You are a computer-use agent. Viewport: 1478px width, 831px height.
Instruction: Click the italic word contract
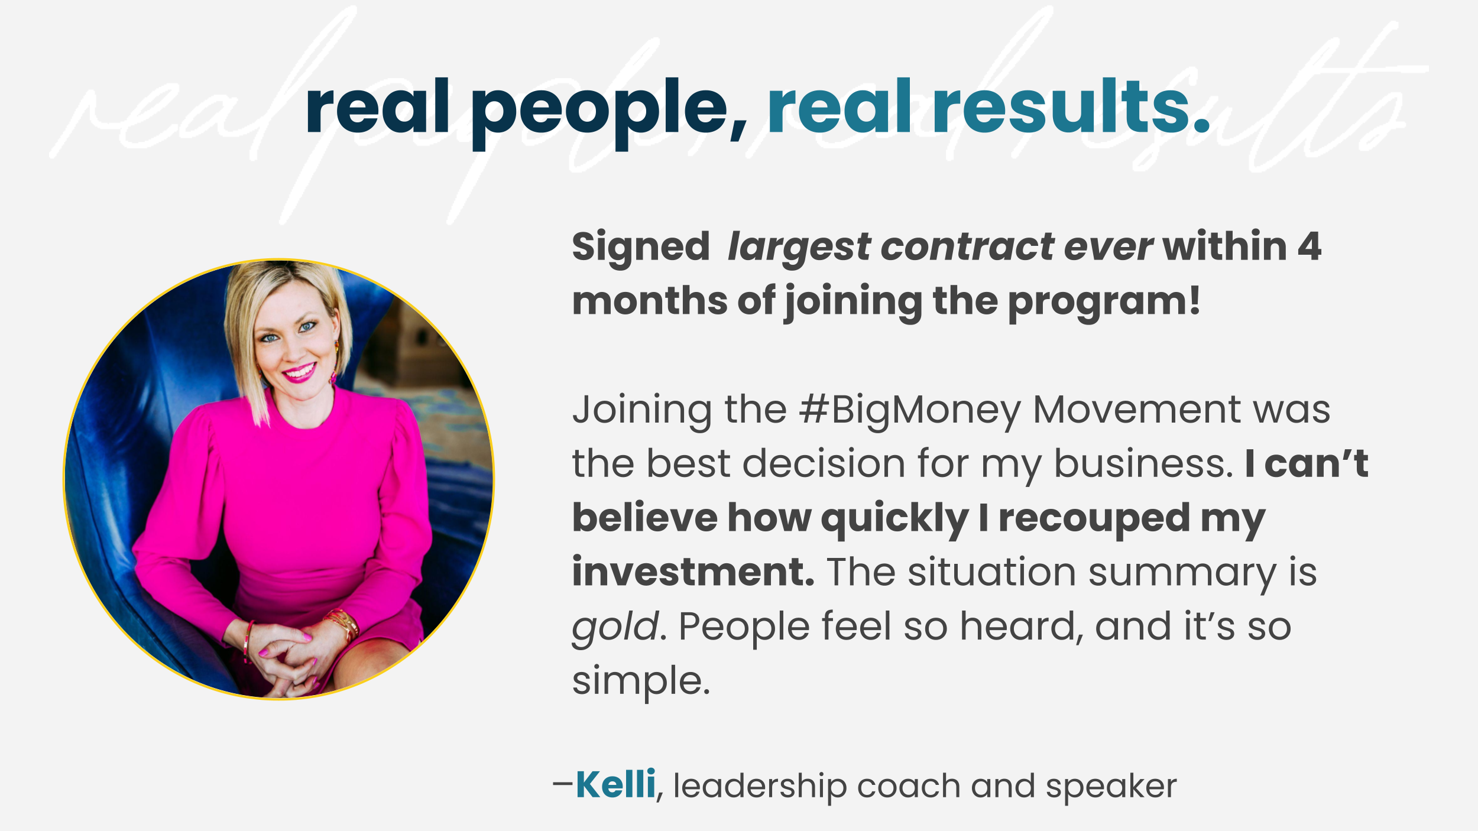[x=967, y=246]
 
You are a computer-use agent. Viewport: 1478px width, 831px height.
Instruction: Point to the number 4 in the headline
[x=1310, y=246]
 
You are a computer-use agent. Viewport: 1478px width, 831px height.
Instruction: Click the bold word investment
[x=693, y=572]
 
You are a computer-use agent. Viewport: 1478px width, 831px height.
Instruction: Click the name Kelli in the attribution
[x=615, y=785]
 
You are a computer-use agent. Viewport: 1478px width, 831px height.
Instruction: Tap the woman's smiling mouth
[x=299, y=373]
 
